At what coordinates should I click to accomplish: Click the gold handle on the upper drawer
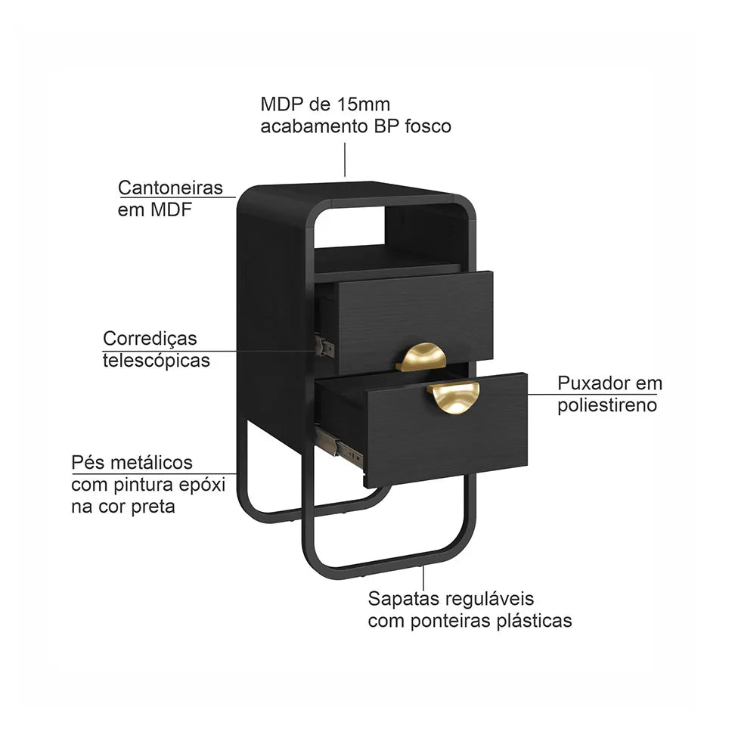[x=421, y=357]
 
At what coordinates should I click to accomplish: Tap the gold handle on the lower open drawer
[x=454, y=397]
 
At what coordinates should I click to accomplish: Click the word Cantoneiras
[x=170, y=188]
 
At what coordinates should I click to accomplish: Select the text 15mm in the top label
[x=363, y=104]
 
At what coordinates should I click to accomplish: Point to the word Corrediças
[x=150, y=339]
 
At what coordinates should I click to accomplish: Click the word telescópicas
[x=157, y=361]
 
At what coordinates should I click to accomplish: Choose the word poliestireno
[x=607, y=405]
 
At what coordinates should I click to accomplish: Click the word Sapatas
[x=403, y=599]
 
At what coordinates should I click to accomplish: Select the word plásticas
[x=534, y=621]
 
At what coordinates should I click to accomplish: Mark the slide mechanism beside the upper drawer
[x=324, y=346]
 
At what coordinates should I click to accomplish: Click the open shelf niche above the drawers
[x=389, y=237]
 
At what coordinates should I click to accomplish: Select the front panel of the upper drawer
[x=416, y=321]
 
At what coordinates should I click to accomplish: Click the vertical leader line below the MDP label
[x=345, y=160]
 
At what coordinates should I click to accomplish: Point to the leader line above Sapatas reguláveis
[x=423, y=577]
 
